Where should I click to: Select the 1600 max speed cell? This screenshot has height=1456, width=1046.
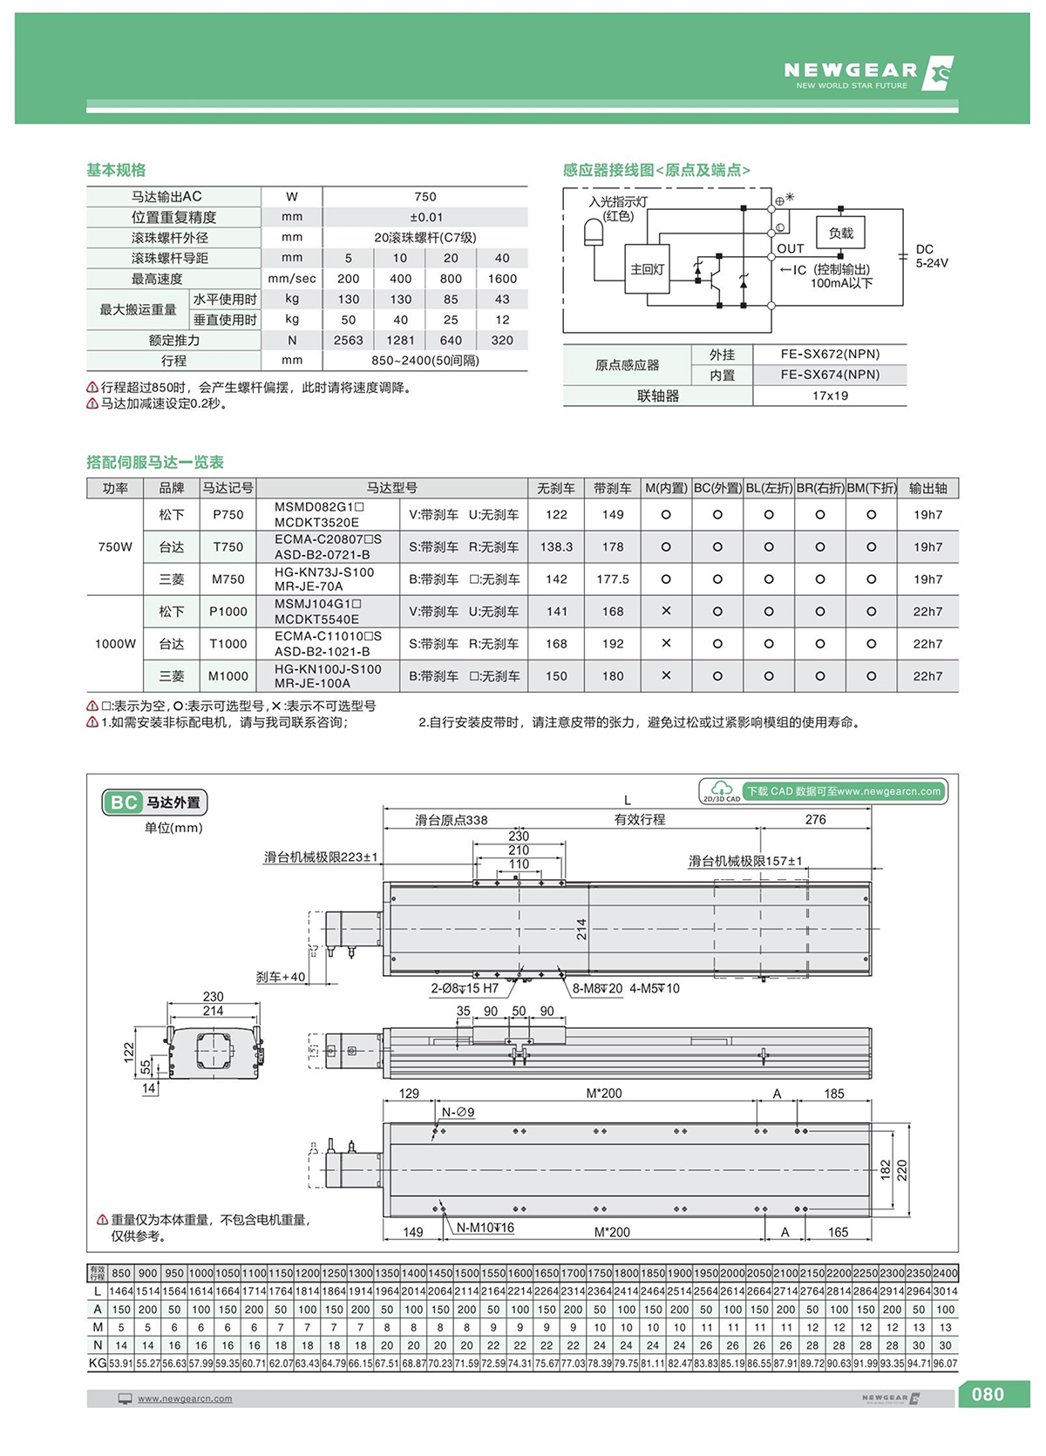click(x=502, y=279)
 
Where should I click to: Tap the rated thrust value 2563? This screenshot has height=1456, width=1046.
click(x=348, y=341)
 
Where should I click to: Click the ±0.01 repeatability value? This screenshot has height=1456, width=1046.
click(x=425, y=217)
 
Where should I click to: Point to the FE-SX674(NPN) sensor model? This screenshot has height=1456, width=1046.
click(x=830, y=375)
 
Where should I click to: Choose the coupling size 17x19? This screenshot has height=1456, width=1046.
click(x=830, y=396)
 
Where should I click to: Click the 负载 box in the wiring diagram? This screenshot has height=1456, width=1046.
click(x=840, y=234)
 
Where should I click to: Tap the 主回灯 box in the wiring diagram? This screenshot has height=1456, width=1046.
click(x=647, y=269)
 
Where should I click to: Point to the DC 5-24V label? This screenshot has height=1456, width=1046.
click(x=931, y=256)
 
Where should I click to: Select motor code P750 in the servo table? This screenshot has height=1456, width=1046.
click(x=228, y=515)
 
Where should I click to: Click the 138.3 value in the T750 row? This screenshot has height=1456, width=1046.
click(x=556, y=547)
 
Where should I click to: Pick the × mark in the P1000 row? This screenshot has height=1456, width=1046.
click(x=666, y=612)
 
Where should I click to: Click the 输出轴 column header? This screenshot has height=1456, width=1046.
click(x=927, y=488)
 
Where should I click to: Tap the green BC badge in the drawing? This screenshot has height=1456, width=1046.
click(x=124, y=802)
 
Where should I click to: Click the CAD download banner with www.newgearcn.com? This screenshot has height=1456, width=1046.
click(x=843, y=791)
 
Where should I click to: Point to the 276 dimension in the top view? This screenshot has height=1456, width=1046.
click(x=815, y=820)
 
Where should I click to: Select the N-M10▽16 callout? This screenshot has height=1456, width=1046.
click(x=486, y=1229)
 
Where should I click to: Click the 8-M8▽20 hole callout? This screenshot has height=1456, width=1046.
click(x=597, y=989)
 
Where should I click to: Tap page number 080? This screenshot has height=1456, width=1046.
click(x=988, y=1394)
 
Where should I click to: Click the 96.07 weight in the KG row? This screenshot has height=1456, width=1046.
click(x=945, y=1364)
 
